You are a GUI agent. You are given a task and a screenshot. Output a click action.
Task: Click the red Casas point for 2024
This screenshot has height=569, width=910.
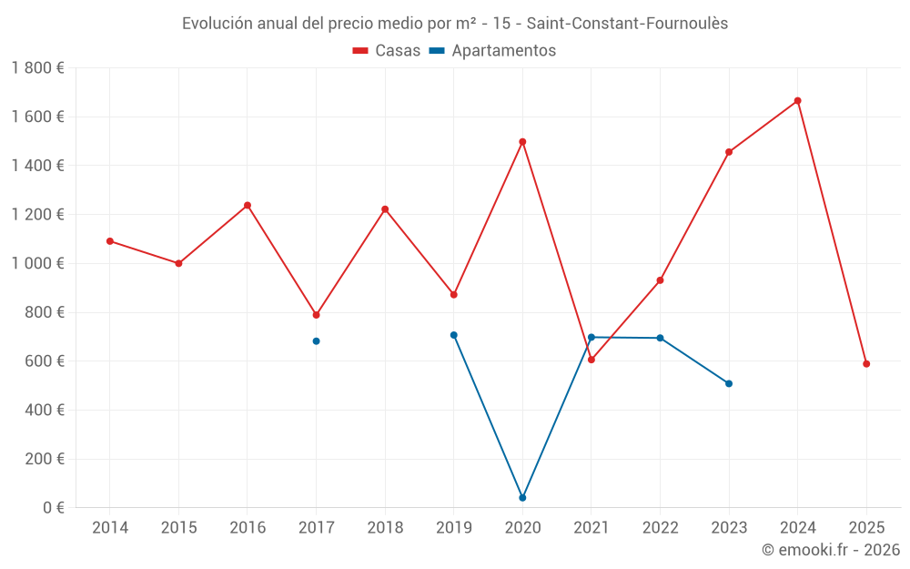(797, 101)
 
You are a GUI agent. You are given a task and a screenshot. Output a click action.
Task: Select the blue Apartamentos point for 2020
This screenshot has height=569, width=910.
(522, 498)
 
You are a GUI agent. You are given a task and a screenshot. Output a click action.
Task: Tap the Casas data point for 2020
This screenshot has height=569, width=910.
(522, 142)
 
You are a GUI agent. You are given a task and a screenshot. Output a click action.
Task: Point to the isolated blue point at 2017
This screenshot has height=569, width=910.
(316, 341)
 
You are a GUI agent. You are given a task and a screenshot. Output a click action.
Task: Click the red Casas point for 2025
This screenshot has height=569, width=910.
(866, 364)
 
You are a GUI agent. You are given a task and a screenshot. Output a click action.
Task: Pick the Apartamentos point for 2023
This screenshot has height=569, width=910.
(729, 383)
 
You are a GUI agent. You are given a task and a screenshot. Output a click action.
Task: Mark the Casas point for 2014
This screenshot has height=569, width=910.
(110, 241)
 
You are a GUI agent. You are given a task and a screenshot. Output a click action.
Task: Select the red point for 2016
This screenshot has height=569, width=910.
(248, 206)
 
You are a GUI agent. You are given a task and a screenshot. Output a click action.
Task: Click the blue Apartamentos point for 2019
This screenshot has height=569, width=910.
(453, 335)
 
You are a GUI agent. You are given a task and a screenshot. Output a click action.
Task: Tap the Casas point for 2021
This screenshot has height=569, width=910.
(591, 360)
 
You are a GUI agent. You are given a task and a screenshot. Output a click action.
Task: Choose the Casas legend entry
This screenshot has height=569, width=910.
(387, 51)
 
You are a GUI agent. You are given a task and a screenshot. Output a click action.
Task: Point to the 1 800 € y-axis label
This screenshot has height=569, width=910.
(37, 68)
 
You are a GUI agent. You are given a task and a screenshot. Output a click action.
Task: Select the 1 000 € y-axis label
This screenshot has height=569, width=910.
(37, 264)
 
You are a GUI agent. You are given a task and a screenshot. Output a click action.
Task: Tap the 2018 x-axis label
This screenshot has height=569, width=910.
(385, 528)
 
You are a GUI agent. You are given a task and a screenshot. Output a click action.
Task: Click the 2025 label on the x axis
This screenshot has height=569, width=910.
(866, 528)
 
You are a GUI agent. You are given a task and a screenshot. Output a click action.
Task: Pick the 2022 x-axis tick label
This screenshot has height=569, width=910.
(660, 528)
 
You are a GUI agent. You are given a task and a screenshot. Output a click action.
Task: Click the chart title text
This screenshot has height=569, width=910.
(455, 24)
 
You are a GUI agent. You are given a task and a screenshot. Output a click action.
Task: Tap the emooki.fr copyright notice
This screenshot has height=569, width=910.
(831, 550)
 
